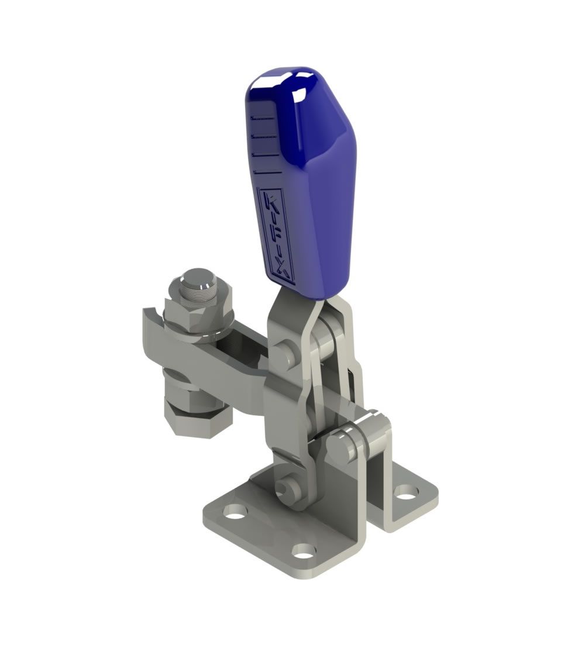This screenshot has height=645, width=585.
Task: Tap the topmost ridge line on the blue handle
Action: [x=263, y=118]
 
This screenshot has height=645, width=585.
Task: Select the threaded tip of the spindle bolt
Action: [x=198, y=280]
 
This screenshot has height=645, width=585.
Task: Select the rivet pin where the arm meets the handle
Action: [x=286, y=354]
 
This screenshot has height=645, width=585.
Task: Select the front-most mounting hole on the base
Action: [x=303, y=550]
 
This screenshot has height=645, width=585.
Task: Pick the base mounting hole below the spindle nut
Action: [x=235, y=513]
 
